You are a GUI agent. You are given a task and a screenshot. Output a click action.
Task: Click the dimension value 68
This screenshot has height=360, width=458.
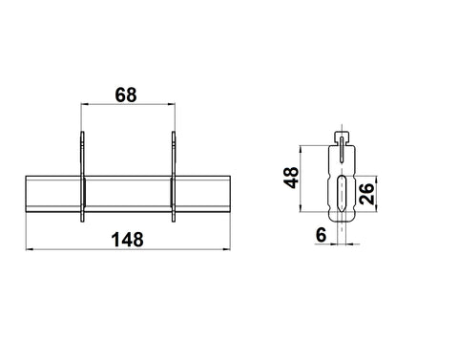pyautogui.click(x=126, y=95)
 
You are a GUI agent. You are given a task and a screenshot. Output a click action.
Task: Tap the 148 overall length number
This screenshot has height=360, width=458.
pyautogui.click(x=127, y=240)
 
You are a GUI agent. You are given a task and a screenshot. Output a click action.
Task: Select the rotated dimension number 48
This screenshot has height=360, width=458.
pyautogui.click(x=291, y=178)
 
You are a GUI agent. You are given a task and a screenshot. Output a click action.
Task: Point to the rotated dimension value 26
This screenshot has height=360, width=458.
pyautogui.click(x=366, y=194)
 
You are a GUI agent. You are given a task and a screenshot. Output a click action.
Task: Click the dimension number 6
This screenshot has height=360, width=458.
pyautogui.click(x=322, y=235)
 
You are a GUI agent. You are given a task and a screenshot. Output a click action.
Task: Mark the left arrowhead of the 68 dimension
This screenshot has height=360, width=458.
pyautogui.click(x=84, y=104)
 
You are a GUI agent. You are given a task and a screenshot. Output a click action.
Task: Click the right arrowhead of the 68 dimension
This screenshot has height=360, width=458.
pyautogui.click(x=172, y=104)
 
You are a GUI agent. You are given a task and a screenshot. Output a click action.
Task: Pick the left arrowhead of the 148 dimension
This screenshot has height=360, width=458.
pyautogui.click(x=30, y=249)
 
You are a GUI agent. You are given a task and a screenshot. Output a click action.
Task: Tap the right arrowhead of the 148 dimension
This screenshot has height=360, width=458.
pyautogui.click(x=227, y=249)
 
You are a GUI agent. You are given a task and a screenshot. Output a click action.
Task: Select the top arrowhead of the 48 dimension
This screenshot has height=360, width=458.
pyautogui.click(x=301, y=149)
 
